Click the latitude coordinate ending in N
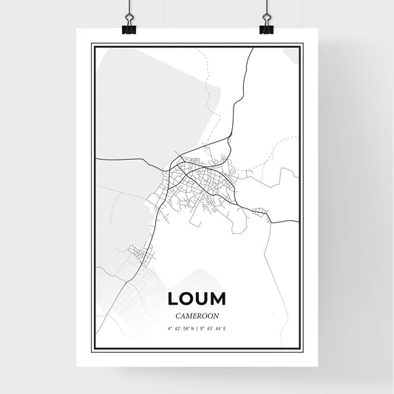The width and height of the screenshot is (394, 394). [180, 327]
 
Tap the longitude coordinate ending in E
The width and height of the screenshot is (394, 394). [214, 327]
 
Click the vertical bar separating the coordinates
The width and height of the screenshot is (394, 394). [197, 327]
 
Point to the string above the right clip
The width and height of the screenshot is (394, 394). [266, 7]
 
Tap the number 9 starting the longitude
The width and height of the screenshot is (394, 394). [203, 327]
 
